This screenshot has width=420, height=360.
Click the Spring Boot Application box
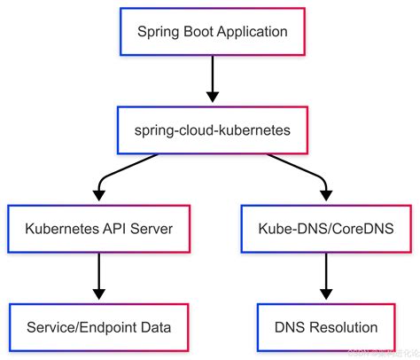coord(212,32)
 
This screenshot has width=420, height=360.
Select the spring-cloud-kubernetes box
coord(212,130)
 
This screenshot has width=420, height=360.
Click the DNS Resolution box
coord(326,326)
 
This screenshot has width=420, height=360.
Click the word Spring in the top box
coord(156,32)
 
